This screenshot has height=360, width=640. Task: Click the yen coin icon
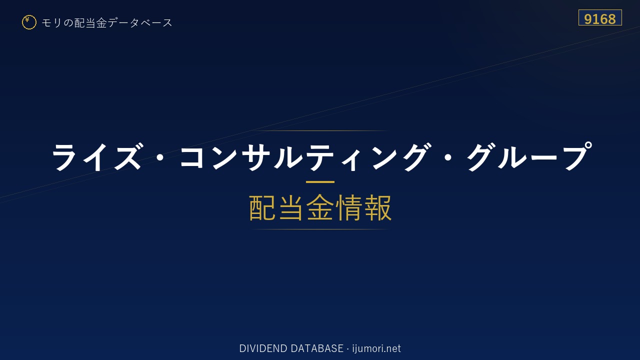coord(29,22)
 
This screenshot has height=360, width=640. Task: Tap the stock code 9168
coord(599,19)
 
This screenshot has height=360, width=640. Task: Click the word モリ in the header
coord(51,22)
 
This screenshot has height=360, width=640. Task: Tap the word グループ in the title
coord(529,156)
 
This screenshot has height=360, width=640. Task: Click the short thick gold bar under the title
coord(320,181)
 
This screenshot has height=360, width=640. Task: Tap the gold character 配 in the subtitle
coord(262,207)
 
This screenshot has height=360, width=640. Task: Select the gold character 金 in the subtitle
coord(320,207)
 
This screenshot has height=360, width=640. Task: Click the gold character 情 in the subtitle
coord(349,207)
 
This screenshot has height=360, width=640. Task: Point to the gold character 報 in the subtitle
coord(377,207)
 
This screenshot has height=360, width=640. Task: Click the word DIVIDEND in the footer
coord(263,348)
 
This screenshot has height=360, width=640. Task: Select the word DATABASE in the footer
coord(317,348)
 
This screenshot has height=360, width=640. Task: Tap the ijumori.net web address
coord(376,349)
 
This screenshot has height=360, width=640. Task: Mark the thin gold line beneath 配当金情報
coord(320,229)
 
